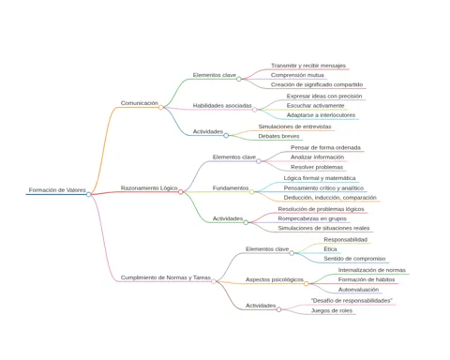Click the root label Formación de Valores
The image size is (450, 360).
(x=57, y=190)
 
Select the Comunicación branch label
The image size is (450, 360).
(x=140, y=103)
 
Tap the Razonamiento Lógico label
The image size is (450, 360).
(x=149, y=188)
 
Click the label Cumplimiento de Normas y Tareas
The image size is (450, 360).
(x=166, y=277)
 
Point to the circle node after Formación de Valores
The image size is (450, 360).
(x=89, y=194)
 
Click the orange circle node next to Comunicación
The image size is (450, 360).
(x=161, y=108)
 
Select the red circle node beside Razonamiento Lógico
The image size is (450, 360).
(x=181, y=192)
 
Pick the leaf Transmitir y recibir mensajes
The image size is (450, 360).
(x=308, y=66)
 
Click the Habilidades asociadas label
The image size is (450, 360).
(x=222, y=106)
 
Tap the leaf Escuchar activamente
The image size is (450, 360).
(x=315, y=106)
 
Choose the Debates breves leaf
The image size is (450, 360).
(x=278, y=136)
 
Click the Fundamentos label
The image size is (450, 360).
(x=231, y=188)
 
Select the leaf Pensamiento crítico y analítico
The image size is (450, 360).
(x=323, y=188)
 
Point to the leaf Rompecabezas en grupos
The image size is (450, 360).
(x=312, y=218)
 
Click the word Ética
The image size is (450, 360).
(x=330, y=249)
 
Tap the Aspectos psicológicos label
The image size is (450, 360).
(x=275, y=279)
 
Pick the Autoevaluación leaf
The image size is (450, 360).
(x=358, y=290)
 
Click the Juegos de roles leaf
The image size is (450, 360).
(x=332, y=310)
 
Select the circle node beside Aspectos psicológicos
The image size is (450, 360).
(x=307, y=284)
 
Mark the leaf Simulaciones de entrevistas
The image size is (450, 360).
(x=294, y=127)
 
